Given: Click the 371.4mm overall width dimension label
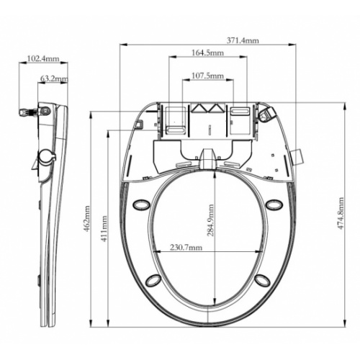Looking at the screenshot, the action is pyautogui.click(x=243, y=40).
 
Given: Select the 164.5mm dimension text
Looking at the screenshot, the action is pyautogui.click(x=207, y=53).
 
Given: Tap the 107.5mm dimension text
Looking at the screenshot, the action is pyautogui.click(x=207, y=76).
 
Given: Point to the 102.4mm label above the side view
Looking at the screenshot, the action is pyautogui.click(x=43, y=58).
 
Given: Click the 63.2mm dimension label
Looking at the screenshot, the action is pyautogui.click(x=54, y=78).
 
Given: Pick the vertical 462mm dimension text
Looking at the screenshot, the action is pyautogui.click(x=86, y=219).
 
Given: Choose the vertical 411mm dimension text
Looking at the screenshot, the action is pyautogui.click(x=104, y=229).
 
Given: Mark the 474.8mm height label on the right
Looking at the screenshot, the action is pyautogui.click(x=341, y=213).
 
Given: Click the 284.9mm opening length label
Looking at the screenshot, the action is pyautogui.click(x=210, y=220).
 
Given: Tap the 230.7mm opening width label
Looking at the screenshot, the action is pyautogui.click(x=186, y=247).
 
